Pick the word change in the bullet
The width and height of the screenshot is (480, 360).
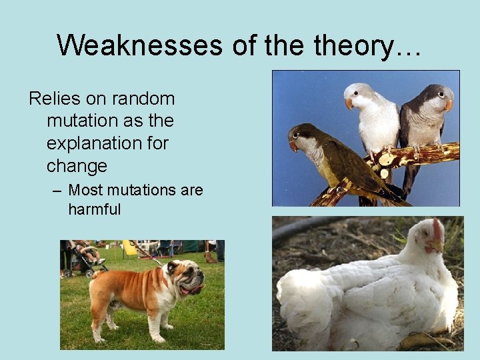(77, 166)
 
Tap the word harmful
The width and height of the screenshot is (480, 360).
(94, 209)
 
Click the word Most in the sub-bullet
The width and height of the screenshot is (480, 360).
(84, 190)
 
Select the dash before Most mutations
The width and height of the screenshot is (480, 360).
(57, 191)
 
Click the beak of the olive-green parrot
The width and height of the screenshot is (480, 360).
(293, 145)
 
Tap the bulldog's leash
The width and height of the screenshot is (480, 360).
(150, 253)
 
